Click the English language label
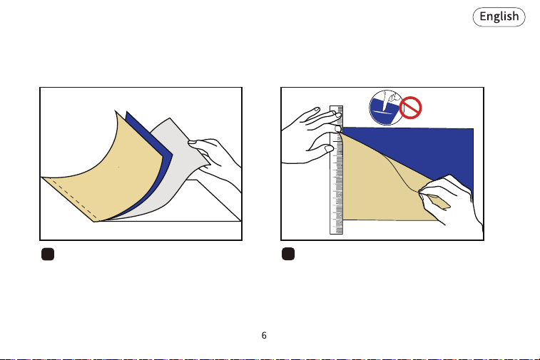[x=499, y=16]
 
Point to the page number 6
[x=264, y=335]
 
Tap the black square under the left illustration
[x=48, y=254]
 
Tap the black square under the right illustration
[x=288, y=254]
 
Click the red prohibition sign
[x=410, y=108]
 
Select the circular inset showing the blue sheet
[x=385, y=108]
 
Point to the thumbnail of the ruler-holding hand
[x=329, y=149]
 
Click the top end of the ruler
[x=337, y=106]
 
